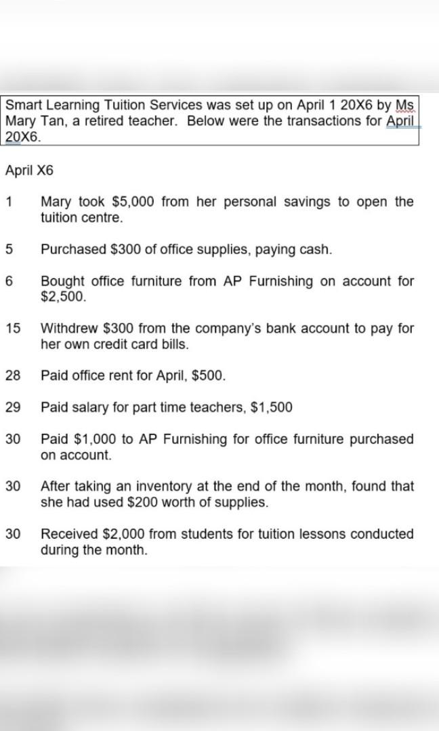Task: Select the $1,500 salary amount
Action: (272, 407)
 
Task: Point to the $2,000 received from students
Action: (123, 534)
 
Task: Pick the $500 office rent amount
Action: (209, 376)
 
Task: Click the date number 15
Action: (13, 328)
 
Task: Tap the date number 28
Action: (13, 376)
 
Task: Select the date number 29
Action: (13, 407)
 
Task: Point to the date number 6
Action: (9, 281)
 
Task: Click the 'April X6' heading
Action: (28, 170)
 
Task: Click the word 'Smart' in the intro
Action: (22, 106)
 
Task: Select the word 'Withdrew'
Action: (68, 328)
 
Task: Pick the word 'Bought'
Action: (62, 281)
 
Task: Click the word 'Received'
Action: (68, 534)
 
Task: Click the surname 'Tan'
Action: (49, 121)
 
